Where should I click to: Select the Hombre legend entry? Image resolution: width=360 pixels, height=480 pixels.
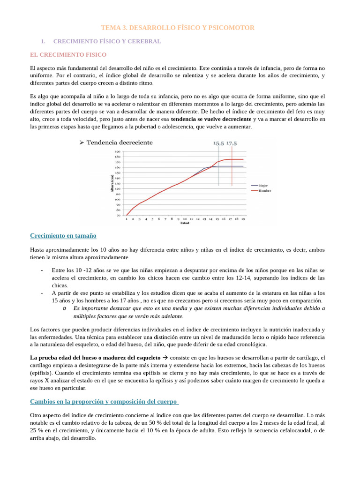pos(263,191)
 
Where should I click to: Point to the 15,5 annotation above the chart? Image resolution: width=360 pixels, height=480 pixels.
pos(218,143)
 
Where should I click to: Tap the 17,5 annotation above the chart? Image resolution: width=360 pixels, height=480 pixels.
pos(232,143)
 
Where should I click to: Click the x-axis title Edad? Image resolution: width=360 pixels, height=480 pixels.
pos(185,223)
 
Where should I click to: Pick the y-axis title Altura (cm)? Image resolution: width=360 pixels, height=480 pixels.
pos(112,183)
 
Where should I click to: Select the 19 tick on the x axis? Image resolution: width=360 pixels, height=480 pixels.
pos(243,219)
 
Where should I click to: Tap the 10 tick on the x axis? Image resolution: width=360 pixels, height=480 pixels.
pos(185,219)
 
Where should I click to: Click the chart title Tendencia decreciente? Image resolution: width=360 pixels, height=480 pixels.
pos(119,142)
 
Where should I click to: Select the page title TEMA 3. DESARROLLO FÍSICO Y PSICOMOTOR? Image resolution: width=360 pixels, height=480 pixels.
pos(179,28)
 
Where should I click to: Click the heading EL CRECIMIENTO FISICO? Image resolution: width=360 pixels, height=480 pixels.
pos(68,55)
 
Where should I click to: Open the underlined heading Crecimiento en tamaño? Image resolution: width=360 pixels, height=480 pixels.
pos(63,236)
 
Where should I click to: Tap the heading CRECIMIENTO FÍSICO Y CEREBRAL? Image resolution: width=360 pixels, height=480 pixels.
pos(107,42)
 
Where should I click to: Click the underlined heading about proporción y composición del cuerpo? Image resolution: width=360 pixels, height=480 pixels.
pos(104,402)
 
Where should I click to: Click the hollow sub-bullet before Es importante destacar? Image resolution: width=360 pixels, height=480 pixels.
pos(63,308)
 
